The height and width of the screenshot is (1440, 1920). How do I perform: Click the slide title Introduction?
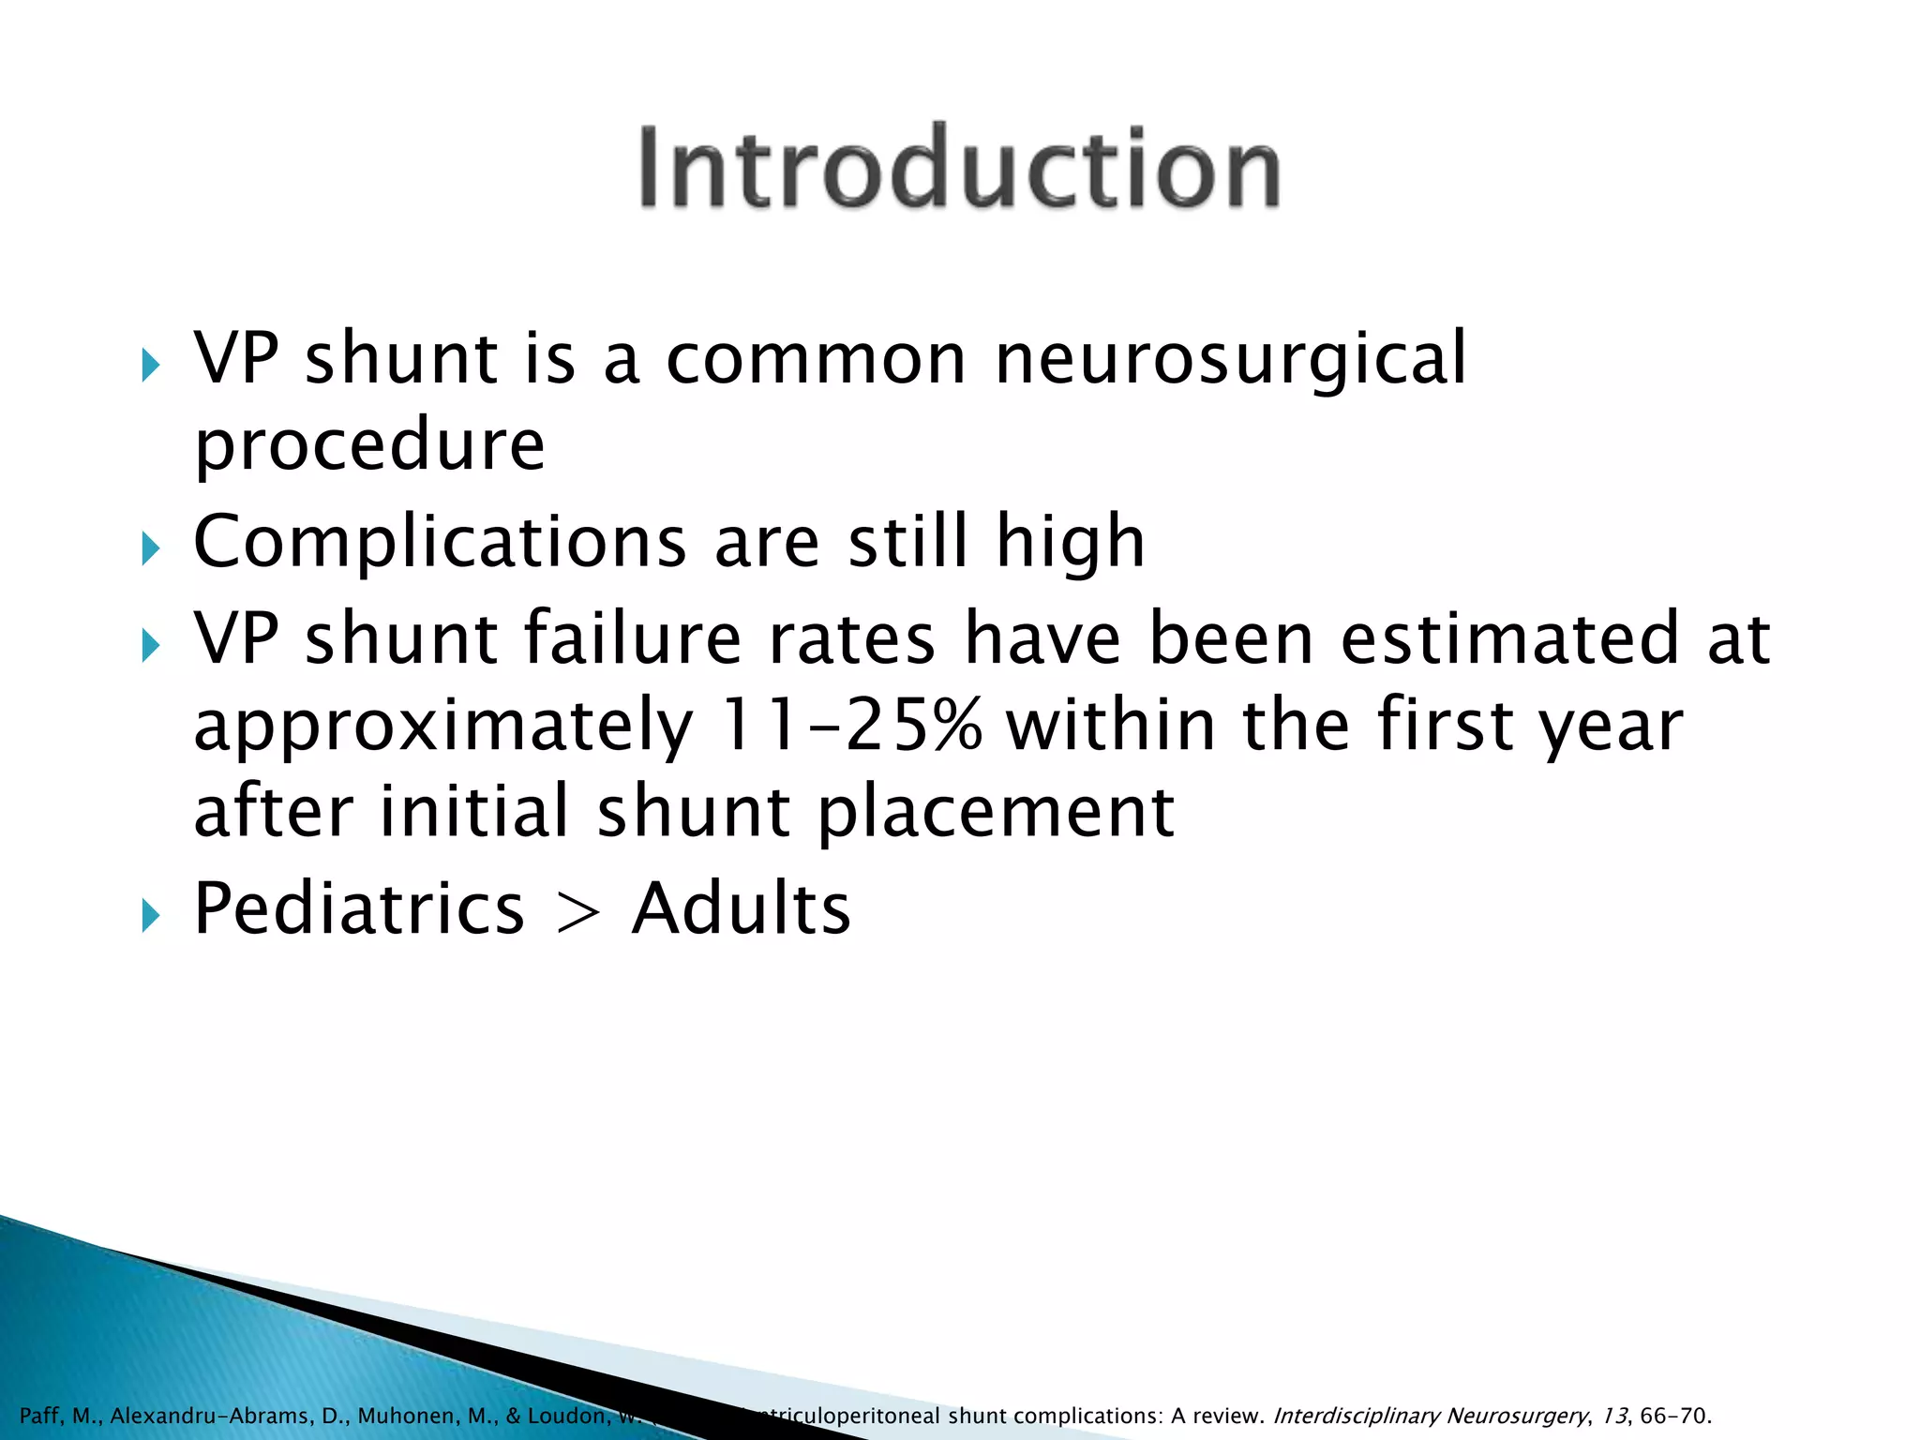click(x=959, y=169)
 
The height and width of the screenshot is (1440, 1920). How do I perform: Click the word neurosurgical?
click(x=1230, y=360)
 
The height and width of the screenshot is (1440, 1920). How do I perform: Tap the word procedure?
click(x=369, y=445)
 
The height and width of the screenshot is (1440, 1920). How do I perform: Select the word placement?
click(x=996, y=812)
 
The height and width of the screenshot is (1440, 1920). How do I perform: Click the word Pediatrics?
click(x=359, y=909)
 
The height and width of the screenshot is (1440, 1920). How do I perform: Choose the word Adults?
click(x=741, y=909)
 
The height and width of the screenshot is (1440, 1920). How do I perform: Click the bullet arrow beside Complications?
click(x=151, y=547)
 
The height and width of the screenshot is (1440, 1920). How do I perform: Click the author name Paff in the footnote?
click(x=39, y=1416)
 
